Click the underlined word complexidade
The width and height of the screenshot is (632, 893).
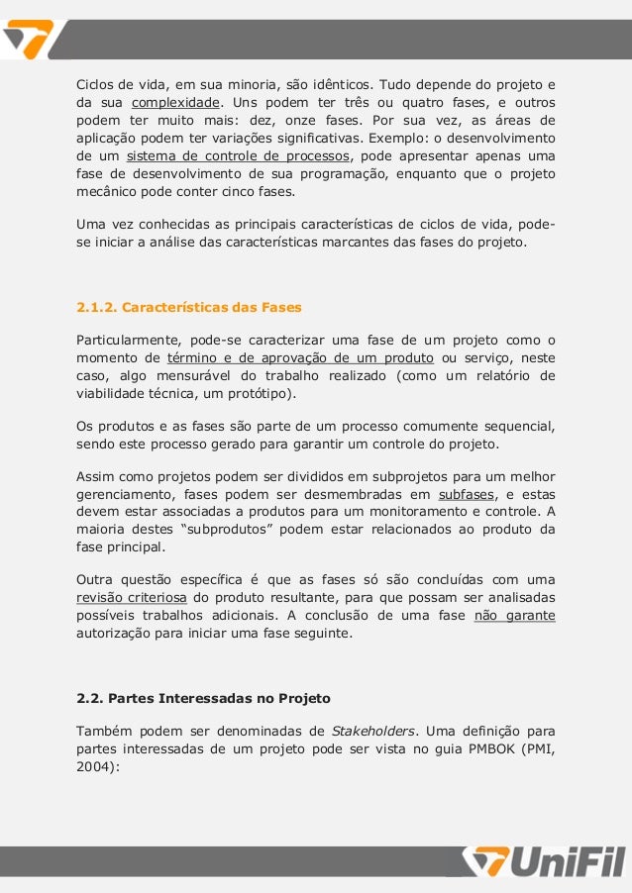[x=175, y=103]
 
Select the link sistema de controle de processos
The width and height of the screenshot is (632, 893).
[x=238, y=156]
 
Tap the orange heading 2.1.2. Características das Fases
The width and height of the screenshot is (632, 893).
[x=189, y=306]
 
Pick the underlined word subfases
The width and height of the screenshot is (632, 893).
[x=464, y=493]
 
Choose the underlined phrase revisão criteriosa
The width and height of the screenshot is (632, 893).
[x=132, y=597]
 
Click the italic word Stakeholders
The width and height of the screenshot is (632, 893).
[x=374, y=732]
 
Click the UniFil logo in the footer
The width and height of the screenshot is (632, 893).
[x=546, y=861]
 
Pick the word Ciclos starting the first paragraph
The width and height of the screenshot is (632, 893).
[x=97, y=85]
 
